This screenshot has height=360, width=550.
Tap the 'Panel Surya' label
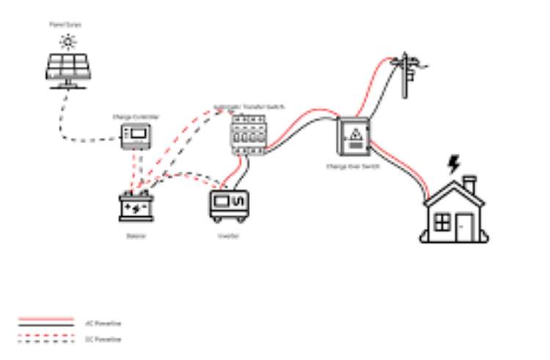pyautogui.click(x=65, y=25)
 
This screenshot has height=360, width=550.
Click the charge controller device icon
pyautogui.click(x=137, y=136)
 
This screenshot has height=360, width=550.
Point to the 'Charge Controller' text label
pyautogui.click(x=136, y=117)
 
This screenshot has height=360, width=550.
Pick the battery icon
pyautogui.click(x=136, y=207)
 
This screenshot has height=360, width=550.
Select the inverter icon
pyautogui.click(x=229, y=205)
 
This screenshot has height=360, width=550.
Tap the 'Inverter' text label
pyautogui.click(x=228, y=236)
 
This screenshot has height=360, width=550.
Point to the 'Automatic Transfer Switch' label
pyautogui.click(x=249, y=107)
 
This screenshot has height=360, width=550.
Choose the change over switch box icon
pyautogui.click(x=354, y=137)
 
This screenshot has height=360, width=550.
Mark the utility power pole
pyautogui.click(x=405, y=73)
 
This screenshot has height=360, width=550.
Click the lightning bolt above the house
pyautogui.click(x=454, y=164)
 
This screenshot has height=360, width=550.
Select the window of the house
pyautogui.click(x=442, y=221)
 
